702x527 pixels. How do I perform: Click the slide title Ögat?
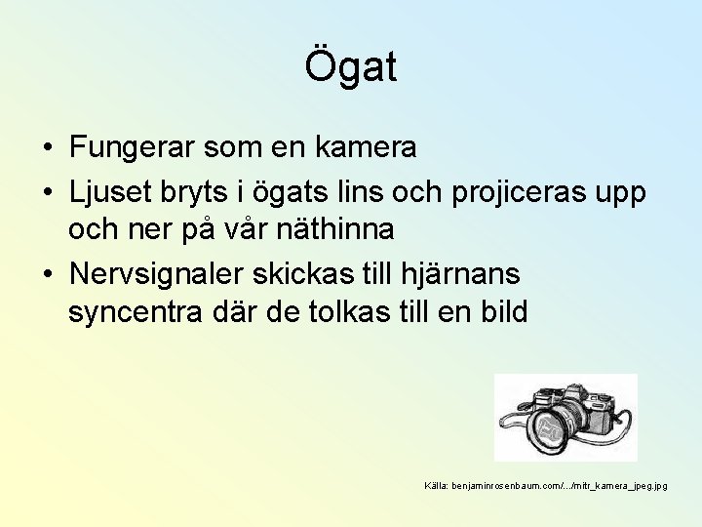pos(351,67)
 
